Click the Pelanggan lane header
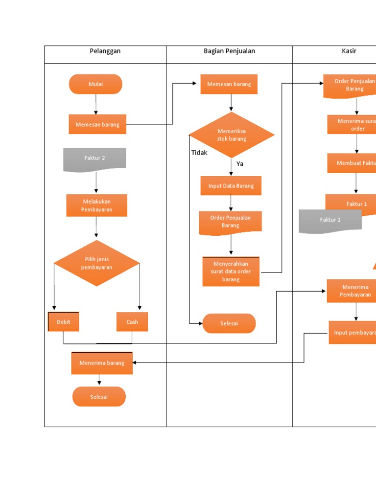[x=105, y=51]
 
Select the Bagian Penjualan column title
[x=229, y=51]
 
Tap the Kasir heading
[x=349, y=51]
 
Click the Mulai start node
[x=95, y=84]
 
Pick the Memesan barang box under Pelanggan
[x=97, y=124]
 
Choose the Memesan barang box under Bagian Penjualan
[x=229, y=84]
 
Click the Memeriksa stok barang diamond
[x=232, y=135]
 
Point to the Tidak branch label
[x=199, y=153]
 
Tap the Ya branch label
[x=240, y=164]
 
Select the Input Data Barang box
[x=231, y=186]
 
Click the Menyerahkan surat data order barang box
[x=231, y=272]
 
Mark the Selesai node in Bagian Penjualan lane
[x=229, y=323]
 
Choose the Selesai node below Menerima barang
[x=99, y=397]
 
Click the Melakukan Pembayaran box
[x=97, y=205]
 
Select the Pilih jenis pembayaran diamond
[x=97, y=263]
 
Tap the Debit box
[x=64, y=322]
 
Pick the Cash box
[x=132, y=322]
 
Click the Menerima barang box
[x=102, y=363]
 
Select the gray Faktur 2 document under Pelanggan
[x=94, y=159]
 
